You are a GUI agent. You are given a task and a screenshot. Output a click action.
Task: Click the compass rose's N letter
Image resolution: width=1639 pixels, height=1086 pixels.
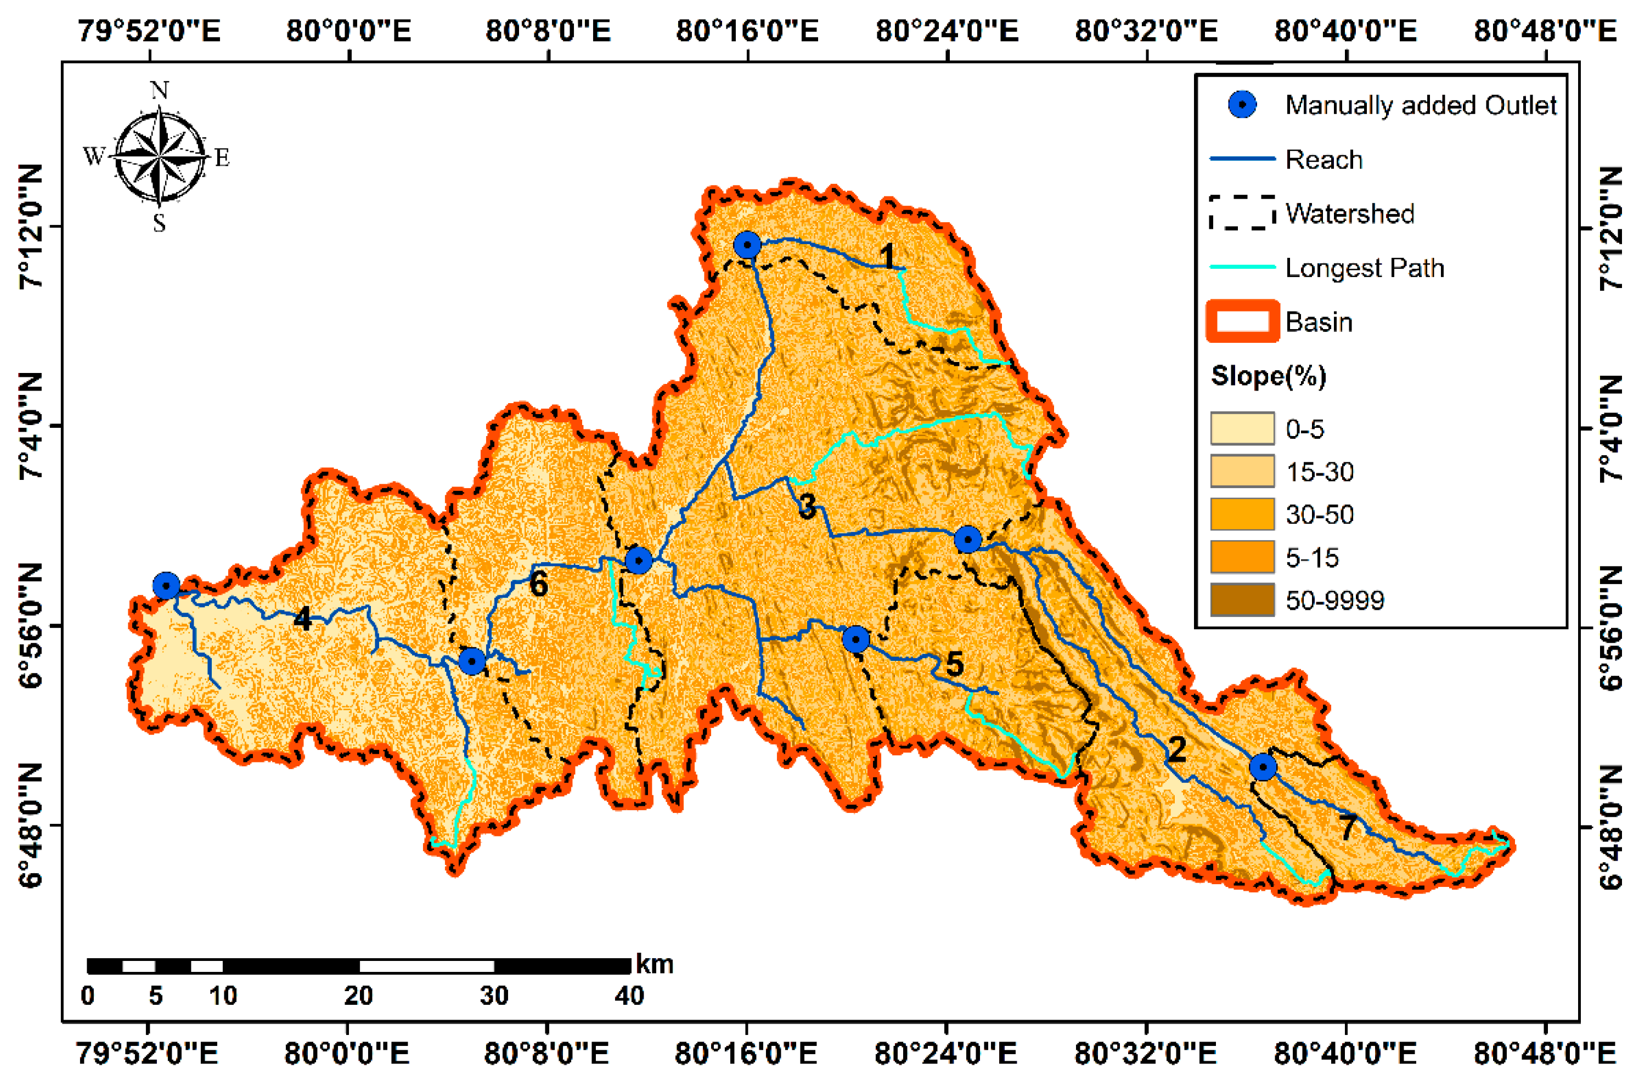click(159, 90)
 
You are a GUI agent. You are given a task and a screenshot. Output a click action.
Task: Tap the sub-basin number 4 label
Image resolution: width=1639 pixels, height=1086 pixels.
click(302, 619)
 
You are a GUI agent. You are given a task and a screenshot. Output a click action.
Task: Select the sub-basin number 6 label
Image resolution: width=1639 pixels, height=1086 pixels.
click(538, 585)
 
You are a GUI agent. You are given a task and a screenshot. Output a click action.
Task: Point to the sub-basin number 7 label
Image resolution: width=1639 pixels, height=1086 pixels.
click(1348, 827)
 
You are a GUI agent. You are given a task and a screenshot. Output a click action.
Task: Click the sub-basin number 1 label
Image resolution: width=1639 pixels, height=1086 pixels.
click(887, 256)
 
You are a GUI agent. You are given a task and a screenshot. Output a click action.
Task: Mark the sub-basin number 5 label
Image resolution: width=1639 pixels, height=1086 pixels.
click(955, 664)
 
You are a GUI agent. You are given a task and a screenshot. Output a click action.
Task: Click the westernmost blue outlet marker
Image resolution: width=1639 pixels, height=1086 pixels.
click(166, 586)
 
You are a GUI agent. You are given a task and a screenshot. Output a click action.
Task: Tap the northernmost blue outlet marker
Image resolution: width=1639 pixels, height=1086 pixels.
click(747, 245)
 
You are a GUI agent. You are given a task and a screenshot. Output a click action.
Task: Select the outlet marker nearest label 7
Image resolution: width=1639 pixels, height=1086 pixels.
click(1263, 767)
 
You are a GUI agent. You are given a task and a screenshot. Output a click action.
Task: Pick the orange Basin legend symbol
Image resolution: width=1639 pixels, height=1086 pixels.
click(1242, 321)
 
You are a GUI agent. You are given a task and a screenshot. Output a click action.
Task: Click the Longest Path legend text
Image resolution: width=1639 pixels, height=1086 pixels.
click(1364, 268)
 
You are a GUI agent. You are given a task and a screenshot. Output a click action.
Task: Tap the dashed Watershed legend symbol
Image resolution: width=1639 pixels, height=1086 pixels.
click(1242, 213)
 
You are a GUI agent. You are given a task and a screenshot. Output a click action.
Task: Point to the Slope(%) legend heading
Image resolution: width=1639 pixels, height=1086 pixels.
click(1268, 376)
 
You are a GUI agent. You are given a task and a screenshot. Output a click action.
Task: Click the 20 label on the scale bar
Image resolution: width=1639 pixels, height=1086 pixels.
click(358, 996)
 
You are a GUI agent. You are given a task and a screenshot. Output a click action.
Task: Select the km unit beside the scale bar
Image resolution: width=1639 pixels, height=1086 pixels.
click(654, 964)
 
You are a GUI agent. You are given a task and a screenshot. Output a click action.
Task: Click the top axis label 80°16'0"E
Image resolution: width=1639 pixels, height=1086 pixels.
click(747, 31)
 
